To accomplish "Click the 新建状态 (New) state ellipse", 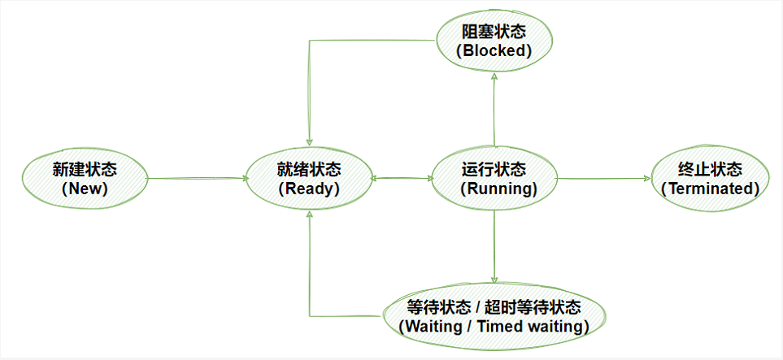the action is coord(85,179).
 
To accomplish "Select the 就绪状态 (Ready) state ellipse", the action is coord(309,179).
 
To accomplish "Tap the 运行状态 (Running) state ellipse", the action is coord(494,179).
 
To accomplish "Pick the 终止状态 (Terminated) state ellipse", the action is coord(710,179).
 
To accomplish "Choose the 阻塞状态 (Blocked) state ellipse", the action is coord(494,41).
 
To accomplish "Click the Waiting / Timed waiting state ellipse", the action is coord(494,317).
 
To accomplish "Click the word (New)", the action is coord(85,189).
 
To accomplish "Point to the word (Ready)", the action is coord(309,189).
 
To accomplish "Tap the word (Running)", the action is coord(494,189).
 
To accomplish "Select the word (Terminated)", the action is coord(710,189).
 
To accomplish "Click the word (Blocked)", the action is coord(494,51).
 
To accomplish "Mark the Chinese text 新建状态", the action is coord(85,170).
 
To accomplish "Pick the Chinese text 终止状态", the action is coord(710,170).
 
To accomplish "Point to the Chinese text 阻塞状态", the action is coord(494,33).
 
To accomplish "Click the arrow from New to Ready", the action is coord(198,178).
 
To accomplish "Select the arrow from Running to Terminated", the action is coord(604,178).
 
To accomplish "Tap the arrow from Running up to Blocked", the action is coord(494,110).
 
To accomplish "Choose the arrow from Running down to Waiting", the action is coord(494,247).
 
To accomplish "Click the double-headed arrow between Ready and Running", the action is coord(402,178).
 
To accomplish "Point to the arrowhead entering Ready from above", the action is coord(310,143).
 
